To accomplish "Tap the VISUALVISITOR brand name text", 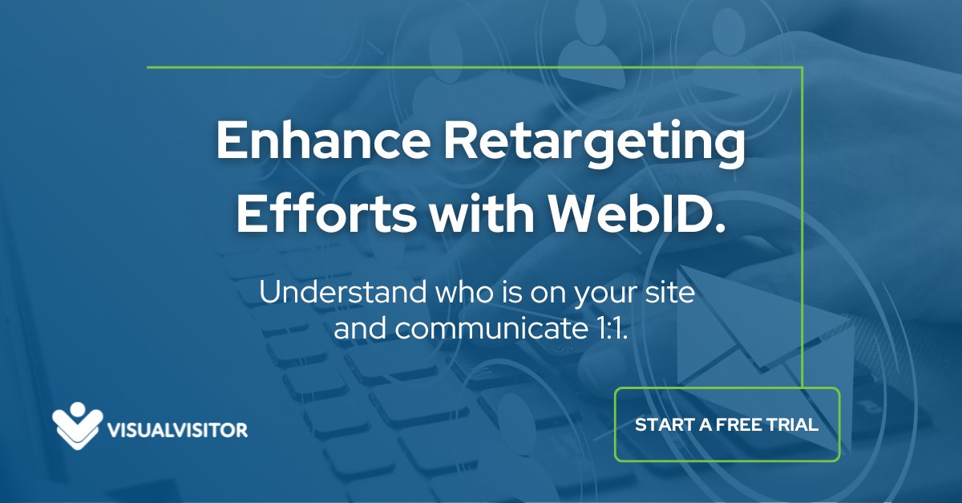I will (177, 431).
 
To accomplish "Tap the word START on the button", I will (662, 424).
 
